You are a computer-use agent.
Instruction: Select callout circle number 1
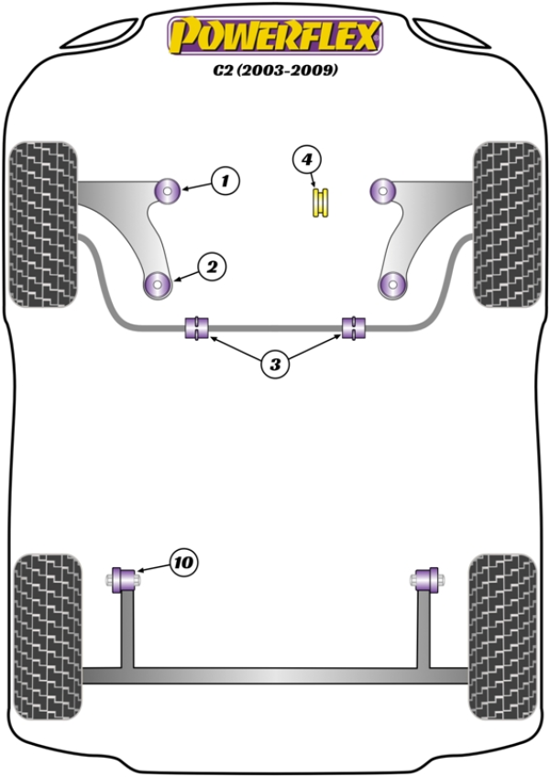225,181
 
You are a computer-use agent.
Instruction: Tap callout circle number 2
212,268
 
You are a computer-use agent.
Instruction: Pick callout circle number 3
274,365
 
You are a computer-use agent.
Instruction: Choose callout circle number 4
308,160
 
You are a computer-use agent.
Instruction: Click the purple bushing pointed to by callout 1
170,191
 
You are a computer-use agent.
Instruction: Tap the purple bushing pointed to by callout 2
159,285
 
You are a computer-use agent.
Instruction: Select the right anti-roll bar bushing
353,327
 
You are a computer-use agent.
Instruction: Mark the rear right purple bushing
424,579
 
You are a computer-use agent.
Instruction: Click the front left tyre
42,224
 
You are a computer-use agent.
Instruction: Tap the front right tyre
507,224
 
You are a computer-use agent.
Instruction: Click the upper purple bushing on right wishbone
380,191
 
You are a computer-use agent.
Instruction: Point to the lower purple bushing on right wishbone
392,285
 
